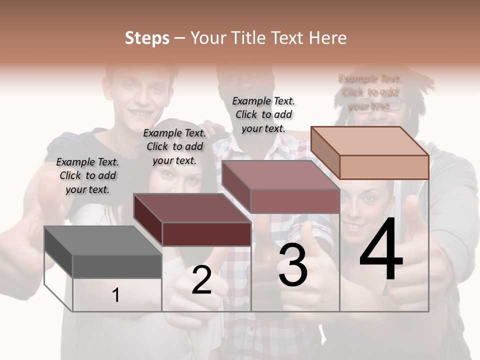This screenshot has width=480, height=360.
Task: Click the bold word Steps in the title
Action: point(147,38)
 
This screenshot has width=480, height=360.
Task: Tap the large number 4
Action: point(381,249)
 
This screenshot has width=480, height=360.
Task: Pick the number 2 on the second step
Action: point(201,280)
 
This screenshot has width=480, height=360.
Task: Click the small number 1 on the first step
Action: point(115,295)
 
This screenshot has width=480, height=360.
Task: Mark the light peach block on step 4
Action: point(370,152)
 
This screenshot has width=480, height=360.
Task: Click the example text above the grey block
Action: point(87,175)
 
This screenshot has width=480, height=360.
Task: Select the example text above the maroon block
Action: point(174,146)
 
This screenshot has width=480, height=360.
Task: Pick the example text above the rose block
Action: point(263,114)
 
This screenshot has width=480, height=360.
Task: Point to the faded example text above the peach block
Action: point(370,92)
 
